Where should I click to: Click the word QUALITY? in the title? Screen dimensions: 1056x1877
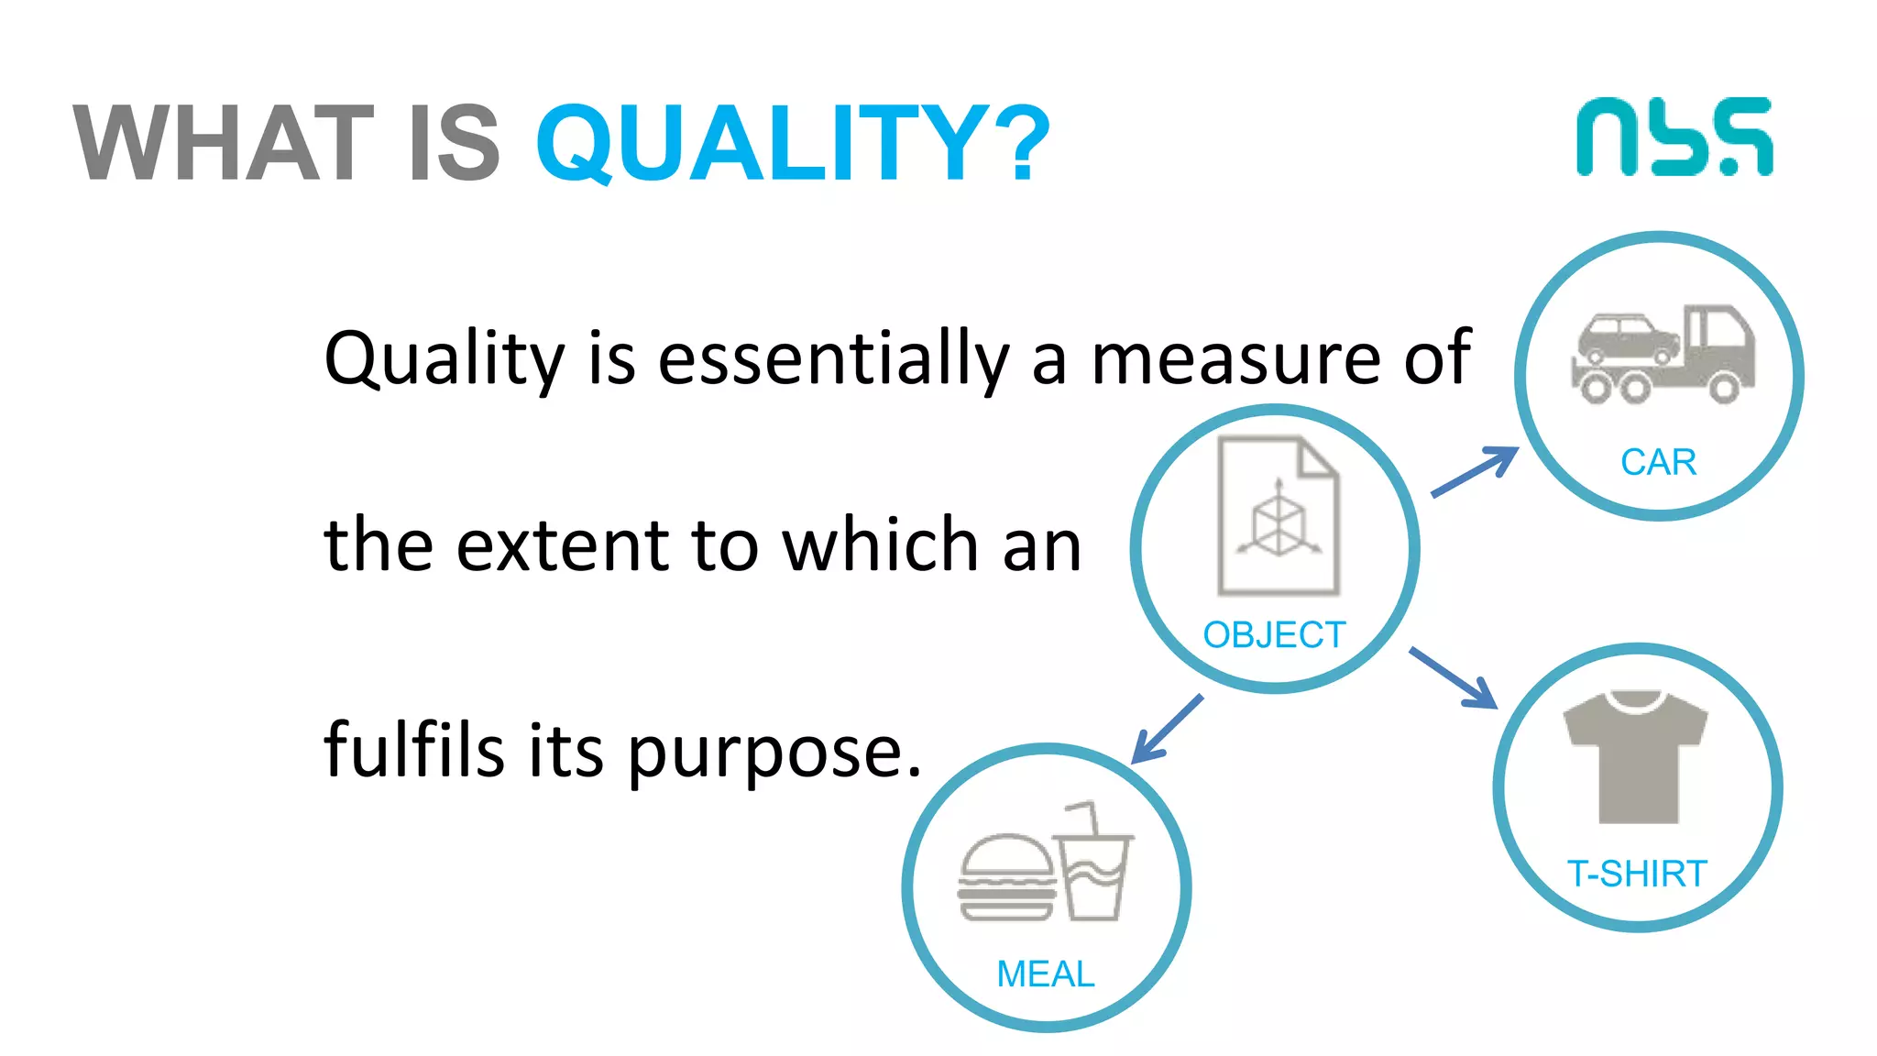[x=793, y=143]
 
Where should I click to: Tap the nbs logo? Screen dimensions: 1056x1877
[x=1674, y=137]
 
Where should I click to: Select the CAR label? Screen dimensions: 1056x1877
[x=1658, y=462]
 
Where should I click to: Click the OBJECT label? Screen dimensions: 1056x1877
[x=1274, y=634]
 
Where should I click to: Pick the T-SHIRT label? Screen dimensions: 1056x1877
[x=1637, y=874]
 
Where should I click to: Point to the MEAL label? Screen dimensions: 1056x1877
[x=1046, y=973]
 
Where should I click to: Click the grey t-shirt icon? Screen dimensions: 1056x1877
[x=1636, y=757]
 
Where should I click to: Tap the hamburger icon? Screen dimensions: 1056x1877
[x=1006, y=877]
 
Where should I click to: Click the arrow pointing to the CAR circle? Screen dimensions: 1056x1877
[x=1475, y=471]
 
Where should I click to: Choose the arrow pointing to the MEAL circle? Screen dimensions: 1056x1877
[x=1167, y=729]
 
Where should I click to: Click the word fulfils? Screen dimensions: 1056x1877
[x=414, y=749]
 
